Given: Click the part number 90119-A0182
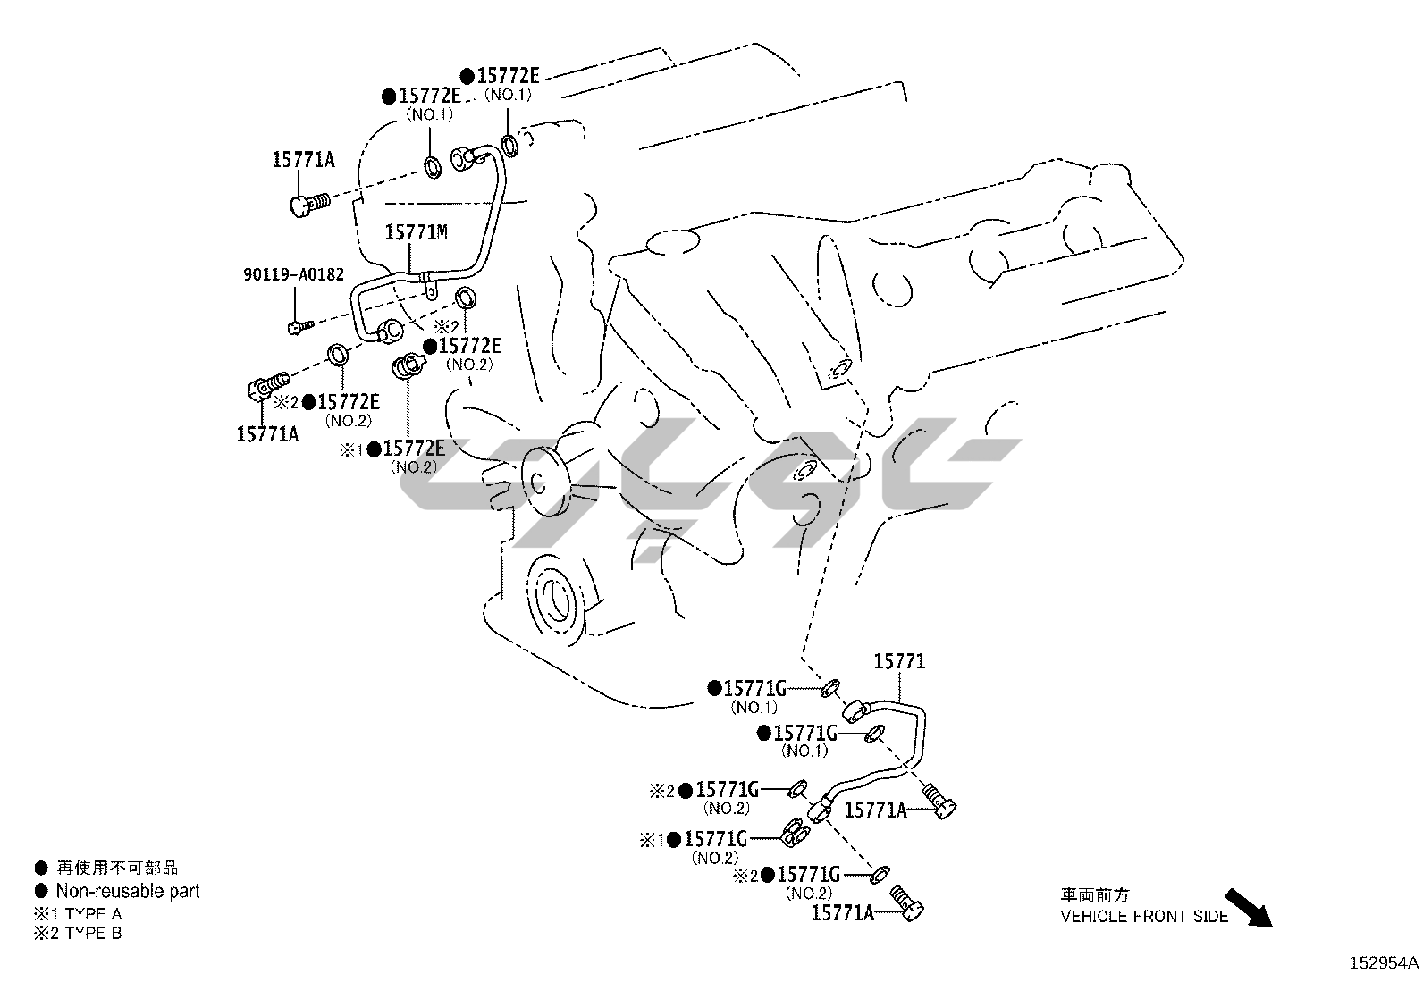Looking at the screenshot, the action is click(x=293, y=274).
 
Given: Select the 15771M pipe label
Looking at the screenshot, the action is click(x=417, y=232).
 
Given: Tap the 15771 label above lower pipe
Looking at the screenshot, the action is click(x=899, y=661).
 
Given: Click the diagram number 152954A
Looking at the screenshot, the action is click(x=1384, y=963).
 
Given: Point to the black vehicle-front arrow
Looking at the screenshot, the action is click(x=1249, y=908).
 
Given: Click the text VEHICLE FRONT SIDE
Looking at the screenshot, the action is click(x=1144, y=917).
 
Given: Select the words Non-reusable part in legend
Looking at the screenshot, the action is click(x=128, y=891).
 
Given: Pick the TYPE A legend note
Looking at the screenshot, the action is click(x=78, y=914).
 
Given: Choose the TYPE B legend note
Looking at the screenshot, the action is click(x=78, y=933).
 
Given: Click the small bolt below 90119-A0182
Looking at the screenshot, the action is click(x=299, y=326).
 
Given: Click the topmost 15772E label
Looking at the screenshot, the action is click(x=508, y=76).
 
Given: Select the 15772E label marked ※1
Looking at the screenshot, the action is click(x=414, y=449).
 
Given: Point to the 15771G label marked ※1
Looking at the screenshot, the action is click(x=715, y=840).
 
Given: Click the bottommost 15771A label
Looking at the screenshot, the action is click(x=842, y=913).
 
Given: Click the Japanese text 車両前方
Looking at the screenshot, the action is click(x=1095, y=895).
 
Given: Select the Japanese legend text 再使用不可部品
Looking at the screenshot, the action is click(x=117, y=868).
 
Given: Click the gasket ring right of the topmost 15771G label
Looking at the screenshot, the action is click(x=830, y=688).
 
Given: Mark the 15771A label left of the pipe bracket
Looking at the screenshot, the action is click(x=875, y=810).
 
